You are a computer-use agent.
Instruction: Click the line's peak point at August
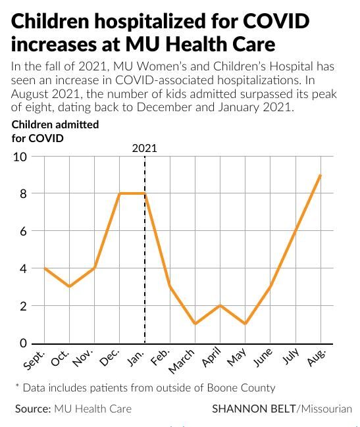point(321,175)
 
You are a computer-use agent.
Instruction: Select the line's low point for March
point(195,324)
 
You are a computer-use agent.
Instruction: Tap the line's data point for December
point(119,193)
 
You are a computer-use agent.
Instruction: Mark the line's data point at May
point(245,324)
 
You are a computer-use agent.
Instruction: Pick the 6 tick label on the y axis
point(23,231)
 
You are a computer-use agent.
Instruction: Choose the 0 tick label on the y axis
point(23,343)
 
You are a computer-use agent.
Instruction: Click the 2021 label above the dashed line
point(144,148)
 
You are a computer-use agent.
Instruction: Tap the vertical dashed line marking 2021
point(145,263)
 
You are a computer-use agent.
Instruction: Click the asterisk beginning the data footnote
point(17,386)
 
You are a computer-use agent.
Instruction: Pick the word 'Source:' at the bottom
point(33,409)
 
